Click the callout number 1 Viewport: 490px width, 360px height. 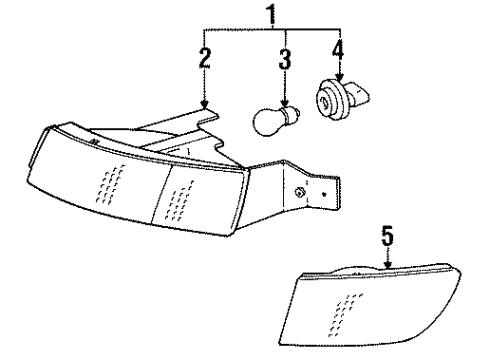[x=268, y=14]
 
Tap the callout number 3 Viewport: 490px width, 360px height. [x=285, y=60]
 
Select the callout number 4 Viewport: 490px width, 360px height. [x=338, y=52]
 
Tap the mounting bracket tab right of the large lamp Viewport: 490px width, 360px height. [x=320, y=195]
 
